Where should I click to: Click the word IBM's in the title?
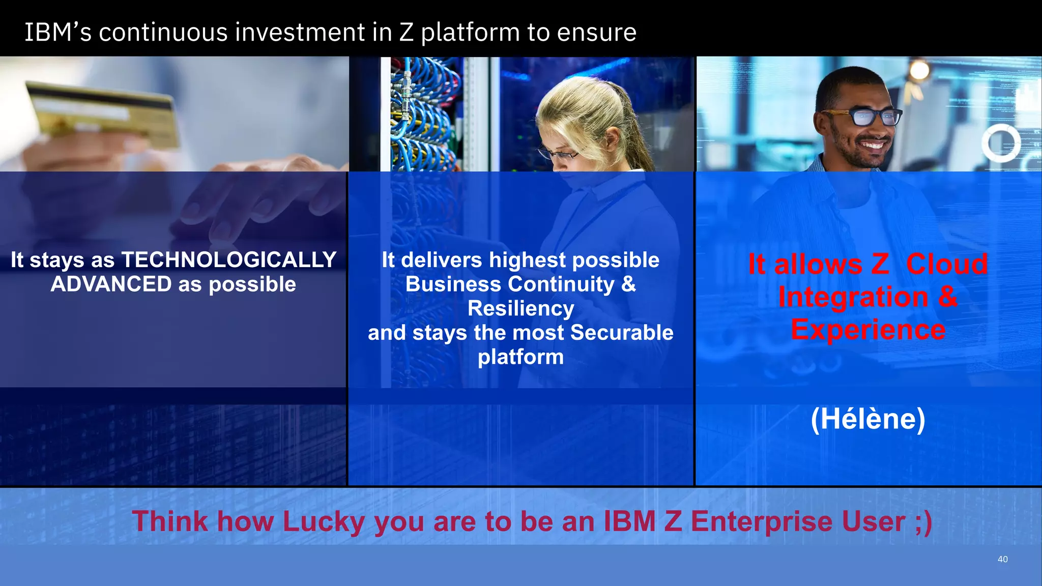coord(58,33)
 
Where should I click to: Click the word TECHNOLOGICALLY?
coord(228,260)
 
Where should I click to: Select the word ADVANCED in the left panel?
coord(111,284)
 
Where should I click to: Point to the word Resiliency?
coord(520,309)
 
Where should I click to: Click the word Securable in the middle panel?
coord(622,333)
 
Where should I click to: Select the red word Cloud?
coord(946,265)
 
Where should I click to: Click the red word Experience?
coord(868,330)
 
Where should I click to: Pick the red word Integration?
coord(853,297)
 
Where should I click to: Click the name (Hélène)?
coord(868,419)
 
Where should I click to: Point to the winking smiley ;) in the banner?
coord(923,522)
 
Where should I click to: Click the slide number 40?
coord(1002,559)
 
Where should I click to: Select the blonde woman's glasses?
coord(557,153)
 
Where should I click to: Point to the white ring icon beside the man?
coord(1001,143)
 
